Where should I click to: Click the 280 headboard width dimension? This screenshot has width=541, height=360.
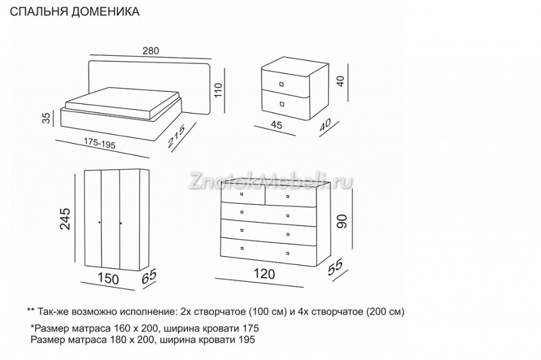pos(151,51)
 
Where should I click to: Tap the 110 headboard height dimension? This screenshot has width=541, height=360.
pos(219,90)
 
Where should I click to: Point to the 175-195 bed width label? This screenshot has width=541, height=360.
pos(99,143)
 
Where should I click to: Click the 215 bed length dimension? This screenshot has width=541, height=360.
pos(176,136)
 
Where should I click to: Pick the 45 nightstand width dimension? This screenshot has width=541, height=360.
pos(277,125)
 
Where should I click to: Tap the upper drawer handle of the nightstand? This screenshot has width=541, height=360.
pos(281,84)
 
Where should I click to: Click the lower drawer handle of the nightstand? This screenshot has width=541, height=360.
pos(283,104)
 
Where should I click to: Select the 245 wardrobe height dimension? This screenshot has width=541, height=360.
pos(65,219)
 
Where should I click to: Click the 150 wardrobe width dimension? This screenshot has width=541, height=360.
pos(108,279)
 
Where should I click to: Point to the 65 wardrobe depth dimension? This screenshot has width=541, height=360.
pos(149,276)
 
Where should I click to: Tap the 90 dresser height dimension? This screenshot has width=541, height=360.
pos(342,221)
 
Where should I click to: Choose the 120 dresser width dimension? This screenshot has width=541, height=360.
pos(264,274)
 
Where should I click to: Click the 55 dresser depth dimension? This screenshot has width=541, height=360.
pos(335,267)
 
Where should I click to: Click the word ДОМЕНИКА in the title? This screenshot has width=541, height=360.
pos(105,11)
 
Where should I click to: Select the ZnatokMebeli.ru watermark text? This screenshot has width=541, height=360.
pos(270,181)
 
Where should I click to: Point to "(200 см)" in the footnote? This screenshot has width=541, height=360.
pos(385,311)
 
